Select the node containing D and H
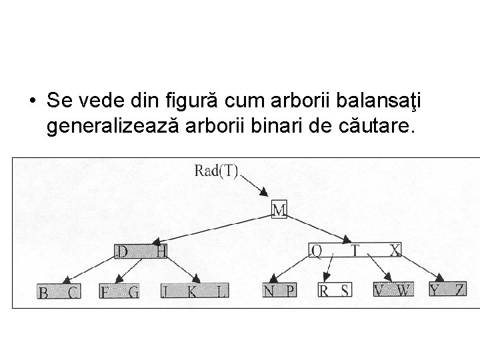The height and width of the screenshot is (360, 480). click(141, 251)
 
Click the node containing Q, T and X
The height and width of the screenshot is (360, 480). click(356, 250)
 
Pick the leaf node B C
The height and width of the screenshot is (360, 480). click(59, 291)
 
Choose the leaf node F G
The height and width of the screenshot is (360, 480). click(119, 291)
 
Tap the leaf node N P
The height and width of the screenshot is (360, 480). click(280, 291)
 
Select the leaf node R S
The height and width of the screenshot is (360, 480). click(334, 290)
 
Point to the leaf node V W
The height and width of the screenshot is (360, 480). click(393, 290)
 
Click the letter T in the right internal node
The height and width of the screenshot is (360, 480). click(355, 250)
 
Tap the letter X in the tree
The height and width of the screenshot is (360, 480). click(395, 250)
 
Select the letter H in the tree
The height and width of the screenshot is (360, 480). click(161, 251)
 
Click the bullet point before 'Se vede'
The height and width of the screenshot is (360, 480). click(31, 101)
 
